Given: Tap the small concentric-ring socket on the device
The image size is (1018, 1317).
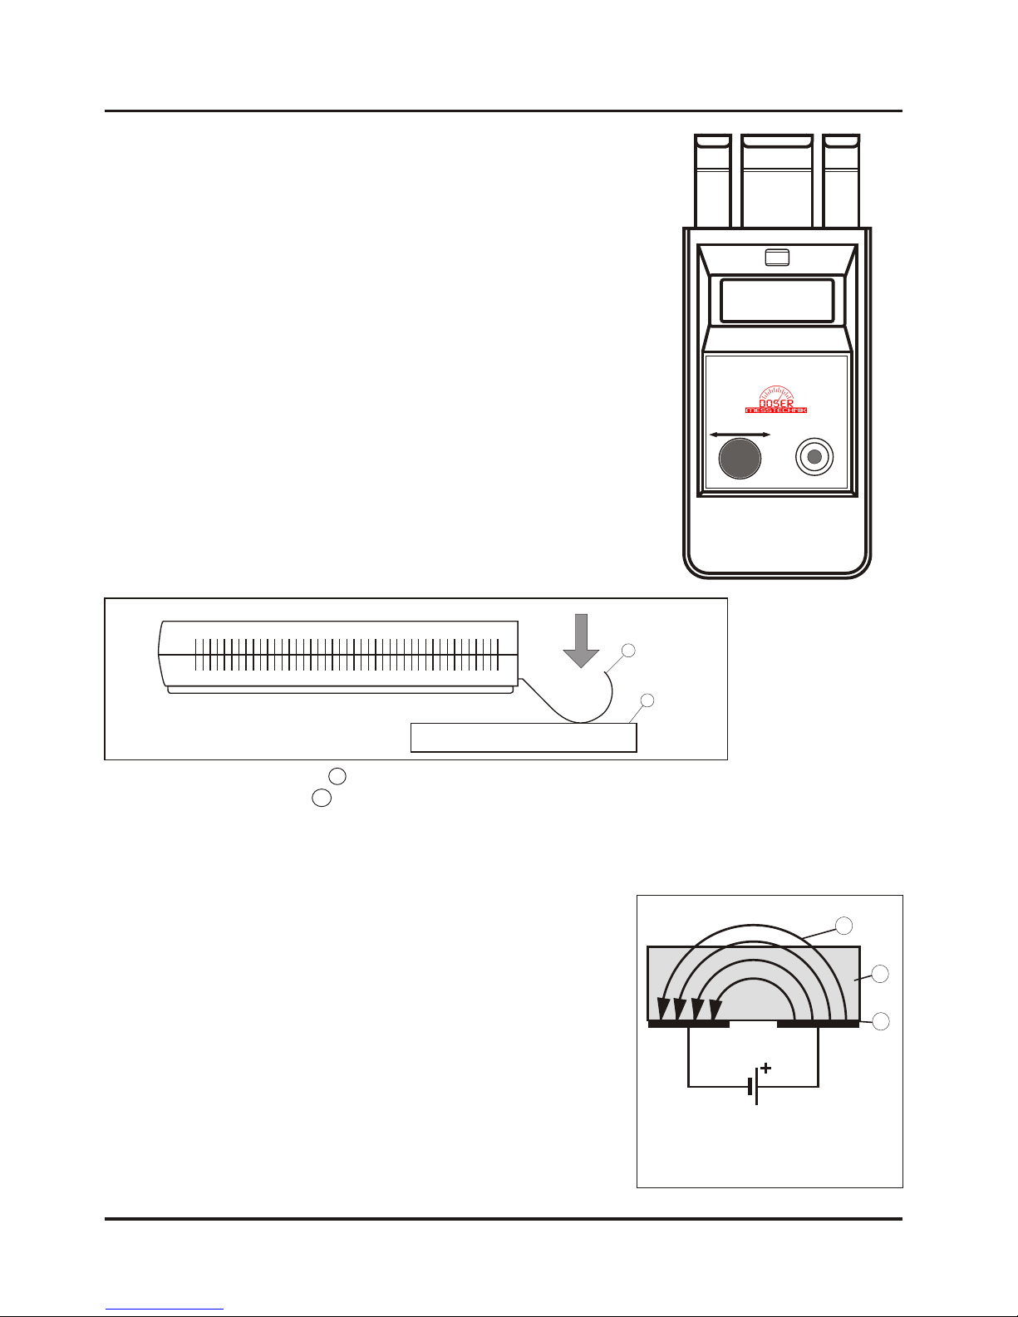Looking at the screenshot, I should (814, 457).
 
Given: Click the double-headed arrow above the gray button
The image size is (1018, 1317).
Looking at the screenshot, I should (740, 435).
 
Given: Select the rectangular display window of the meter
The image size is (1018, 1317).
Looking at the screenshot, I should (776, 300).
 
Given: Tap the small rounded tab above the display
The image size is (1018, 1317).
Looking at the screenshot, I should (776, 258).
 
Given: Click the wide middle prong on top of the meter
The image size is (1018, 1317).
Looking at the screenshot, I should (776, 180).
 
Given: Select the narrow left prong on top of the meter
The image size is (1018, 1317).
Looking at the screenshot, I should (712, 180).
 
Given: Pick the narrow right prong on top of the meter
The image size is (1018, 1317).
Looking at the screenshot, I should (841, 180).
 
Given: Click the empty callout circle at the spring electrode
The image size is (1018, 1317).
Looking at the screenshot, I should (629, 650).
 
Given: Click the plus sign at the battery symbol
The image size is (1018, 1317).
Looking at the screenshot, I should (765, 1069).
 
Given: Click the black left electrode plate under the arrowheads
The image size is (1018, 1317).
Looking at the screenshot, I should (688, 1024).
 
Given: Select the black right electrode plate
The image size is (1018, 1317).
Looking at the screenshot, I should (818, 1024).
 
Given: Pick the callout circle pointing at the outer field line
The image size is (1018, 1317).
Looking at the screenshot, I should (843, 925).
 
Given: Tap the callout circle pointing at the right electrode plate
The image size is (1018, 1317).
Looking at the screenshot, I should (880, 1021).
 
